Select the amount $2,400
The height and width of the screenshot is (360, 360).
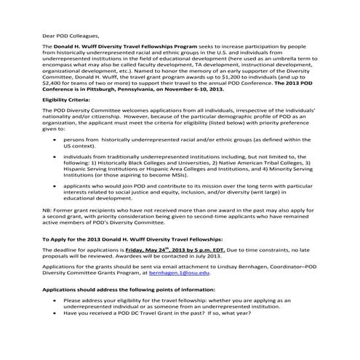(x=52, y=83)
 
